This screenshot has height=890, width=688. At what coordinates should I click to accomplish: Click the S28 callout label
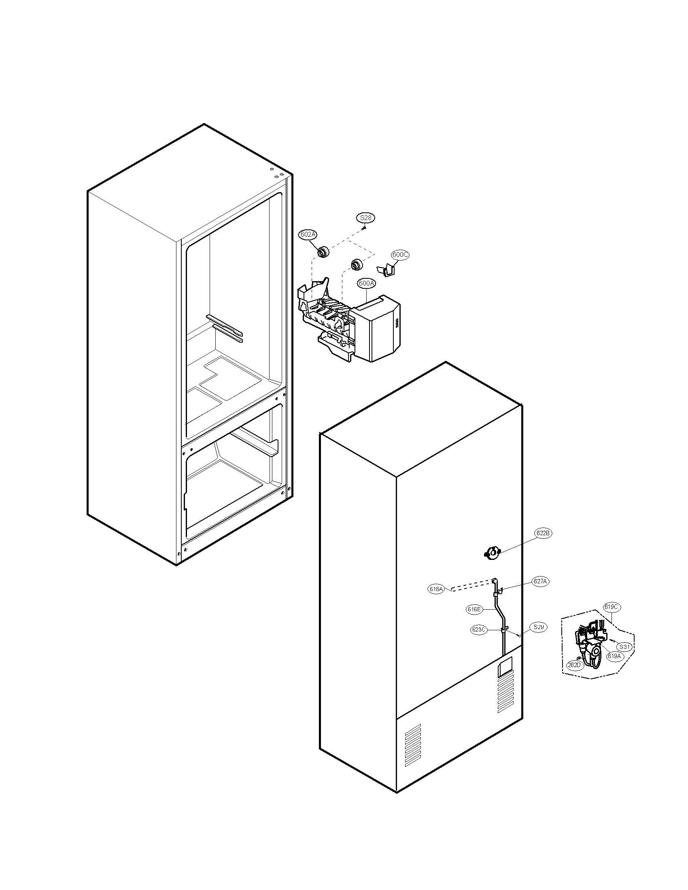pos(366,218)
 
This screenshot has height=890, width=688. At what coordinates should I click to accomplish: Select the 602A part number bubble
pos(308,235)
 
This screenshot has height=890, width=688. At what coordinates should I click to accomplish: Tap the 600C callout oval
pos(400,255)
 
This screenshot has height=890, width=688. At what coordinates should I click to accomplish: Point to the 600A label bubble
pos(366,283)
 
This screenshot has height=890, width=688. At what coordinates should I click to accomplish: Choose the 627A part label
pos(540,581)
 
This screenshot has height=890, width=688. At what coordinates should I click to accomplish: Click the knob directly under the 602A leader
pos(324,253)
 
